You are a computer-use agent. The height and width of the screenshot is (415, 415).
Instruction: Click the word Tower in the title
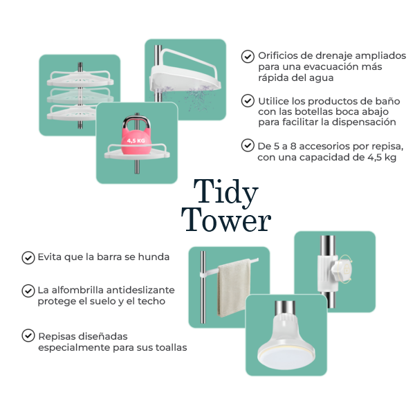point(226,220)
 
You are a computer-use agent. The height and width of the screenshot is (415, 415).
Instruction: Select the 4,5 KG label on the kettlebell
point(136,140)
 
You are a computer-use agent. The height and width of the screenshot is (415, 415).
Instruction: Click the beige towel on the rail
point(234,288)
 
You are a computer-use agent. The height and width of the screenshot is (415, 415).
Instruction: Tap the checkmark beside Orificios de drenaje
point(248,57)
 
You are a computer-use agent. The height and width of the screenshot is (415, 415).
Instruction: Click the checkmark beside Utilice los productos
point(248,101)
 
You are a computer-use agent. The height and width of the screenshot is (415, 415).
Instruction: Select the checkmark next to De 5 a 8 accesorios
point(248,145)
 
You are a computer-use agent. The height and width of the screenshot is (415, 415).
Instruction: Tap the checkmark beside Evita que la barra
point(28,258)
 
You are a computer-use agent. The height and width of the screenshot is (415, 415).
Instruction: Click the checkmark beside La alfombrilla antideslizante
point(28,291)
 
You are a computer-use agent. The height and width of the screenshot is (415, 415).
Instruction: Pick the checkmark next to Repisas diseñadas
point(28,335)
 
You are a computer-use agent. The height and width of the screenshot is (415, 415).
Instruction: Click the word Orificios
point(279,56)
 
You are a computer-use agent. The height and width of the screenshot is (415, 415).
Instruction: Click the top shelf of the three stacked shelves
point(80,79)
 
